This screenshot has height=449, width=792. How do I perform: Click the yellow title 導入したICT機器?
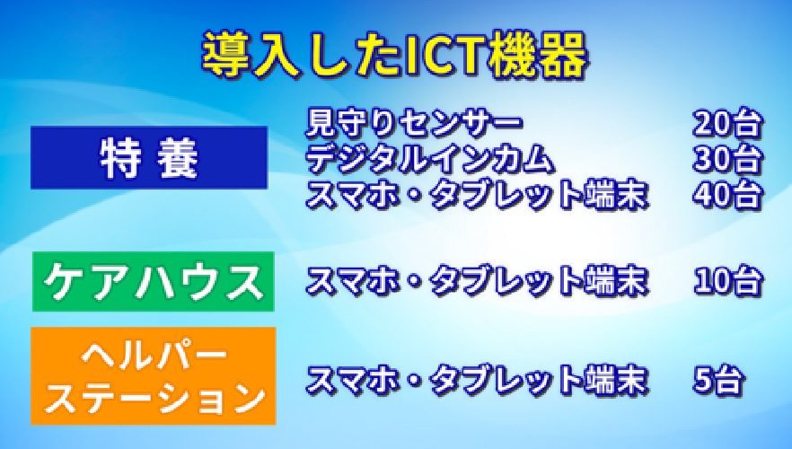[x=395, y=55]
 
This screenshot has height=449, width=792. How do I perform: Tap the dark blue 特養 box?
[x=149, y=157]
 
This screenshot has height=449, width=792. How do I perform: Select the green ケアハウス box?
[x=154, y=281]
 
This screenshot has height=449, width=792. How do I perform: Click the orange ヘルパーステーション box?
[x=154, y=375]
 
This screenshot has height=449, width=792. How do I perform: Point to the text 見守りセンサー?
[x=414, y=123]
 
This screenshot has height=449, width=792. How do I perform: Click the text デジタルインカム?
[x=430, y=159]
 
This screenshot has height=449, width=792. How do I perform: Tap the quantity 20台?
[x=727, y=123]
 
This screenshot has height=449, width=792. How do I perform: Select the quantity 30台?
[x=727, y=159]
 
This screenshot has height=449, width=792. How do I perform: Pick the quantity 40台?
[x=727, y=195]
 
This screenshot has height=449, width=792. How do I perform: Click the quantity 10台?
[x=727, y=280]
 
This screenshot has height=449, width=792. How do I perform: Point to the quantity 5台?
[x=718, y=380]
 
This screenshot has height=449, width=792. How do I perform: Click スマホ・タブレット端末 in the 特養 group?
[x=477, y=195]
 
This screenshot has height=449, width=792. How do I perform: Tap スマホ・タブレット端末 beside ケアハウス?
[x=477, y=280]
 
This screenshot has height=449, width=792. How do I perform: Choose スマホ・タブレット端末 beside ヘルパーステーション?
[x=477, y=380]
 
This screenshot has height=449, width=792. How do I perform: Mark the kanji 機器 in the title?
[x=539, y=55]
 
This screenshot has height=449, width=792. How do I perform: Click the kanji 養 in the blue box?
[x=177, y=158]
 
